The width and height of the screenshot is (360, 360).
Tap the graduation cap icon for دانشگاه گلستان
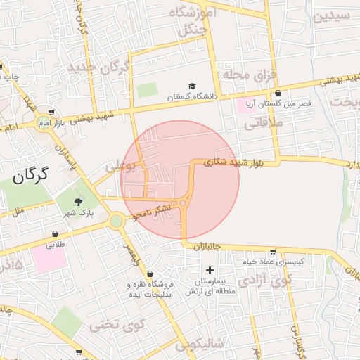tap(191, 86)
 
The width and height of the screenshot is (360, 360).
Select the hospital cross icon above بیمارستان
tap(209, 270)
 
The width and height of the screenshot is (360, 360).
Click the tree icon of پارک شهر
tap(78, 202)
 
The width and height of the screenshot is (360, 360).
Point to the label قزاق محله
tap(251, 74)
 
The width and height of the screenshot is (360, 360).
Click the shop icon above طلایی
tap(56, 234)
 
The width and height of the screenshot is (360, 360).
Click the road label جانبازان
tap(207, 247)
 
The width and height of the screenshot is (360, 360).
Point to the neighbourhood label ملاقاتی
tap(263, 124)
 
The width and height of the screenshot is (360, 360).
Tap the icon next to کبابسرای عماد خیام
tap(273, 251)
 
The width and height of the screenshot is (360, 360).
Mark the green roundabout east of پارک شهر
tap(116, 221)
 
